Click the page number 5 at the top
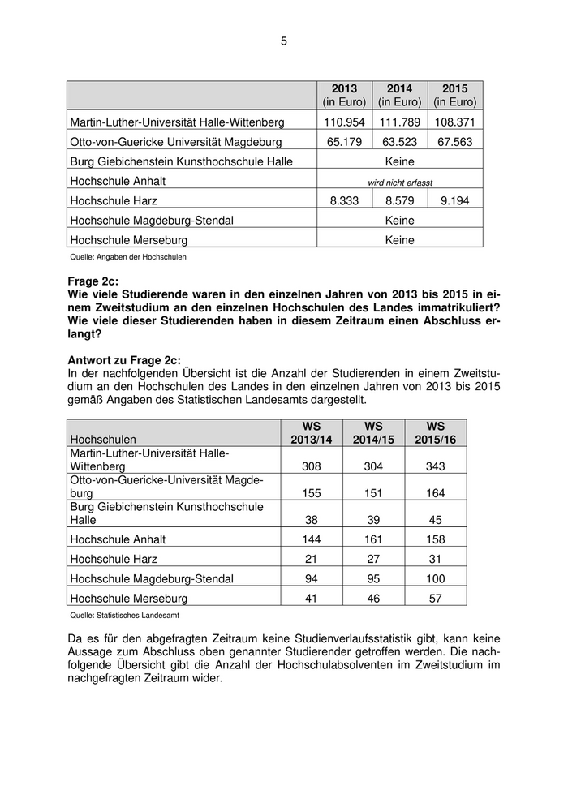click(284, 41)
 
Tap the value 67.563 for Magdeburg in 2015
click(455, 141)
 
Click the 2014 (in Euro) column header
click(399, 95)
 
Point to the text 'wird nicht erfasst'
click(399, 182)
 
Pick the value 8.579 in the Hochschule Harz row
click(399, 200)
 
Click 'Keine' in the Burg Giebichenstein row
click(399, 161)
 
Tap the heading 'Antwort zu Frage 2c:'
click(124, 360)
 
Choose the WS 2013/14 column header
click(311, 432)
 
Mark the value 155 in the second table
click(311, 492)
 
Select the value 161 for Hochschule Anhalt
click(373, 539)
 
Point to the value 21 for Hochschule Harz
click(311, 559)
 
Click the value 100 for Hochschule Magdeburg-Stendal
click(436, 578)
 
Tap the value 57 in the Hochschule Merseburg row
click(436, 599)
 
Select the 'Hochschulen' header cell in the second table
click(103, 439)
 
